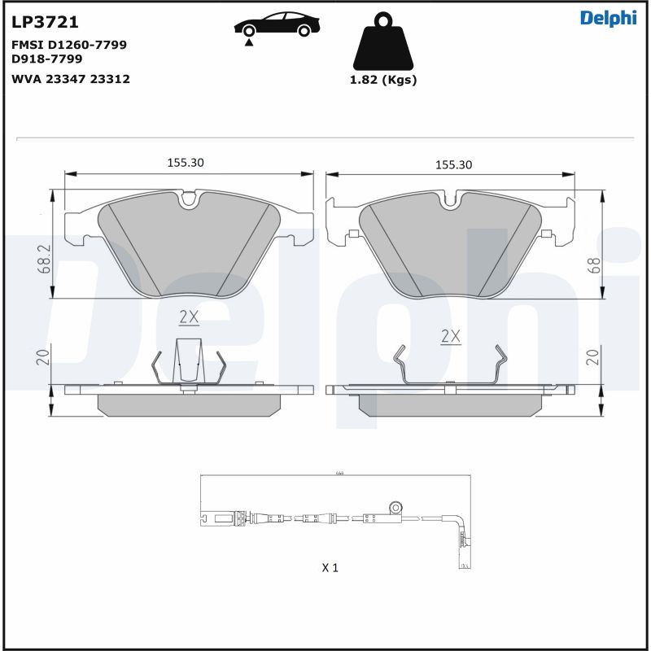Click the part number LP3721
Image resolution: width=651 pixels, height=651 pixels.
point(46,22)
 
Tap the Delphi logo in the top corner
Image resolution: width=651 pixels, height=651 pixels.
point(608,19)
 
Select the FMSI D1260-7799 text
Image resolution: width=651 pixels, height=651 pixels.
point(69,45)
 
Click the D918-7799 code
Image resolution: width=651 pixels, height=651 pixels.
point(47,59)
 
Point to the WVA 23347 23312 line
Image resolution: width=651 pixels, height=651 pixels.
point(71,79)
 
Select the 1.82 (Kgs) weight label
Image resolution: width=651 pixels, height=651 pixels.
point(382,80)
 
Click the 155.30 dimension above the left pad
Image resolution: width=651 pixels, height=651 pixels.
point(186,163)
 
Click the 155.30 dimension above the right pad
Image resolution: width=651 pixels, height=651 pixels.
point(454,164)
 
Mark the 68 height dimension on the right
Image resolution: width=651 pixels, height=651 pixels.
point(594,264)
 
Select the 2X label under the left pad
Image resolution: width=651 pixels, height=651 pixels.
point(189,316)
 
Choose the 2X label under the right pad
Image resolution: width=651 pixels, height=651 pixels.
point(450,335)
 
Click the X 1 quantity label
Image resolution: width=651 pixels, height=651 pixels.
point(330,567)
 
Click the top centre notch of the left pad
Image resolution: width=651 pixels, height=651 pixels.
point(189,198)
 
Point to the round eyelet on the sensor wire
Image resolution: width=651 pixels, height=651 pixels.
point(396,506)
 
